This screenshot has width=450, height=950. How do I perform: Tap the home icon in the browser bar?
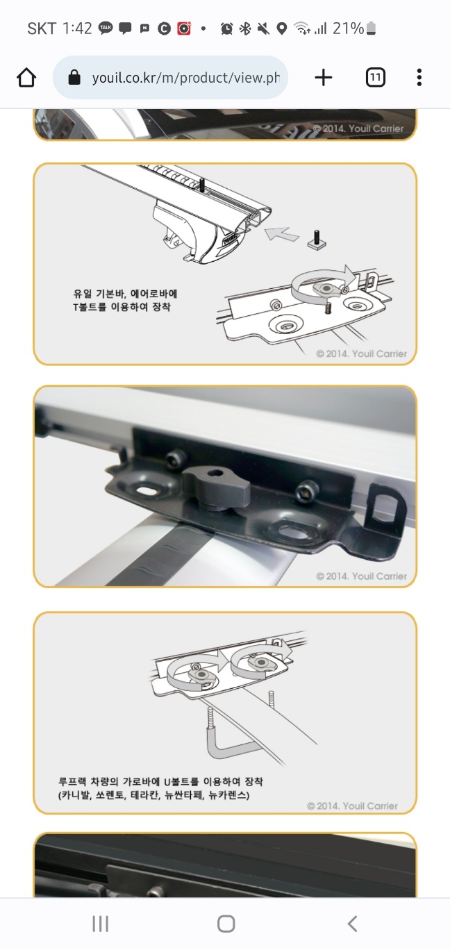point(26,78)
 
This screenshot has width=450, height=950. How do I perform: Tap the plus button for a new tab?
point(323,78)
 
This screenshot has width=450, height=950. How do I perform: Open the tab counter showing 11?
point(376,78)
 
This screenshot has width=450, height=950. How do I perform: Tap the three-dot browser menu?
point(419,78)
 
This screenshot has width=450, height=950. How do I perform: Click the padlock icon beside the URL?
point(74,77)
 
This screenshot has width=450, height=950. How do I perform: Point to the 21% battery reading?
point(348,28)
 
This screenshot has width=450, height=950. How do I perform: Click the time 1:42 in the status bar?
point(77,28)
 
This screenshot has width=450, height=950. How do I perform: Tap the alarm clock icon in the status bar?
point(226,28)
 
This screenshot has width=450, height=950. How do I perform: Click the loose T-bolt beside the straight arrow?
point(317,240)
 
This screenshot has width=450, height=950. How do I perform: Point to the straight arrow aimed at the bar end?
point(282,234)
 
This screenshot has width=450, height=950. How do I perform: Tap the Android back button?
point(352,924)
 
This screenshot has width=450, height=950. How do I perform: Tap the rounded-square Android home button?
point(226,924)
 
